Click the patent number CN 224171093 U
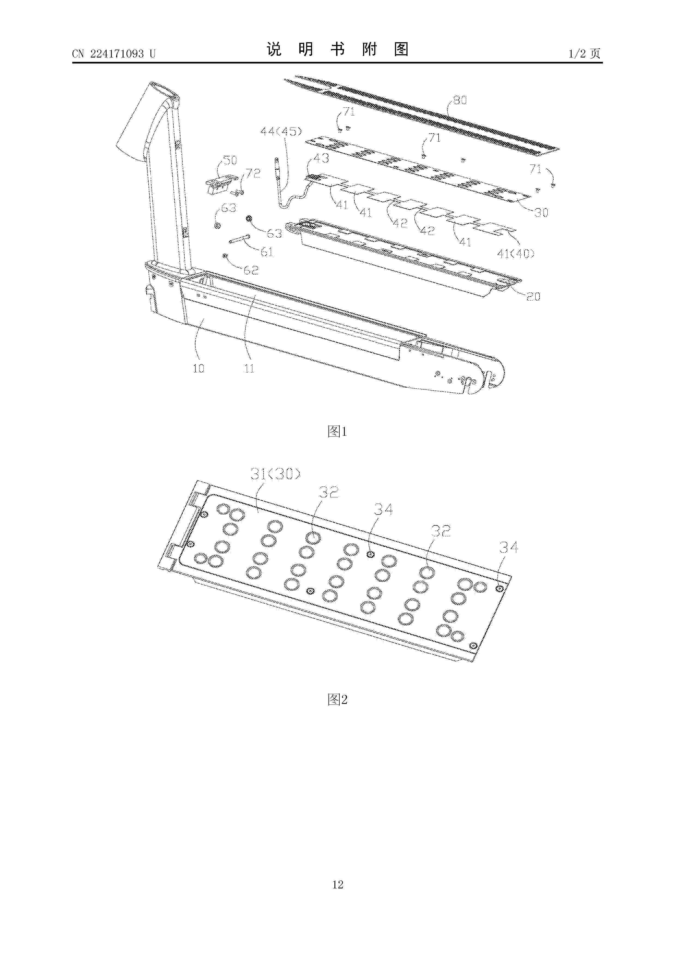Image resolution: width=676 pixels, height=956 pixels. [114, 54]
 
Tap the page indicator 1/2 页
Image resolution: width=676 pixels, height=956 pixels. [584, 53]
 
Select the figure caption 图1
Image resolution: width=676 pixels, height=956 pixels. [337, 432]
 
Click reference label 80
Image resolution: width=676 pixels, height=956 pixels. [460, 100]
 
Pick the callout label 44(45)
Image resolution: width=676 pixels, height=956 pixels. [281, 132]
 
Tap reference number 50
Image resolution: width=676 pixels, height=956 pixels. [230, 160]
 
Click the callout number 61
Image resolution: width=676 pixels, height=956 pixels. [267, 252]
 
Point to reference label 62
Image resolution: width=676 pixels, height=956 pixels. [251, 270]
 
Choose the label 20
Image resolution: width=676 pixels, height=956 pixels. [533, 297]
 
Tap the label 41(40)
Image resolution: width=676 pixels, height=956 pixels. [516, 253]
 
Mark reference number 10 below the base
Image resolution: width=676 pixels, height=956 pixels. [198, 368]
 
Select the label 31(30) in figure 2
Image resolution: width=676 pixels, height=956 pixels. [275, 474]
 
